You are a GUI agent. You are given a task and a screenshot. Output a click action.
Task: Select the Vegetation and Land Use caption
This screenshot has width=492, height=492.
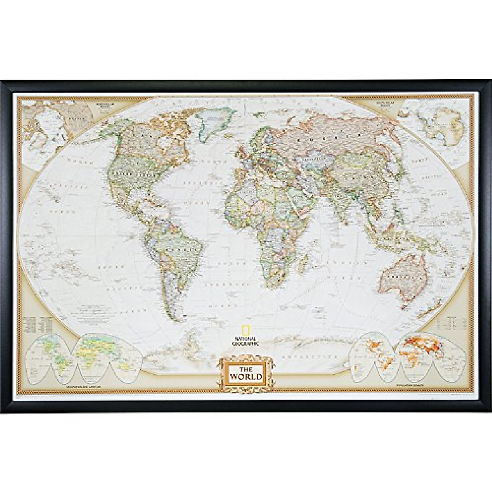(x=78, y=387)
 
